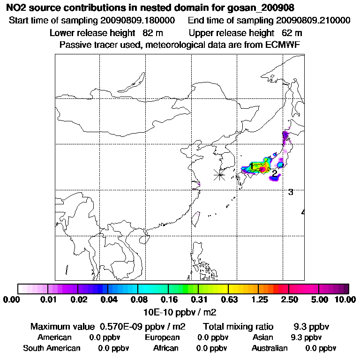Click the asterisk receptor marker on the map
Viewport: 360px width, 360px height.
coord(219,175)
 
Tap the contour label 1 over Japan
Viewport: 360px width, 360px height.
coord(252,166)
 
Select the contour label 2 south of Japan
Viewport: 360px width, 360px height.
coord(275,173)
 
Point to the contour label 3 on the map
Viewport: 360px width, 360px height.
coord(291,192)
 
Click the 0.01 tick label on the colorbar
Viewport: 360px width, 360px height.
coord(49,300)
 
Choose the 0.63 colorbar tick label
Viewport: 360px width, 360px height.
coord(228,300)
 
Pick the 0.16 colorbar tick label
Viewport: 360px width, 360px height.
coord(169,300)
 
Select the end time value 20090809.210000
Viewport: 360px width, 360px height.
coord(313,21)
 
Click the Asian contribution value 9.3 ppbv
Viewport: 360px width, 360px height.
coord(306,337)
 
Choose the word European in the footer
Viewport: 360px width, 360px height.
coord(162,337)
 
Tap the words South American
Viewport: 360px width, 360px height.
coord(52,348)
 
